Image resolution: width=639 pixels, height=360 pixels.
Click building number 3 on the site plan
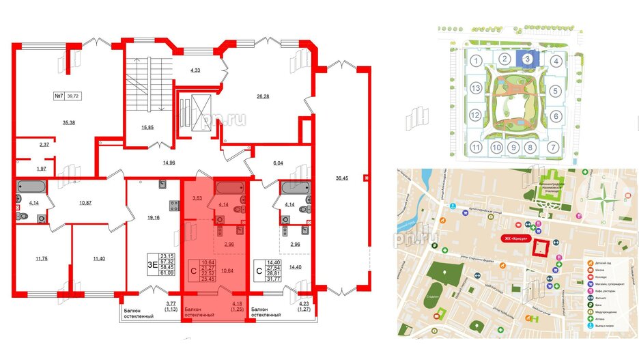[x=528, y=59]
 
